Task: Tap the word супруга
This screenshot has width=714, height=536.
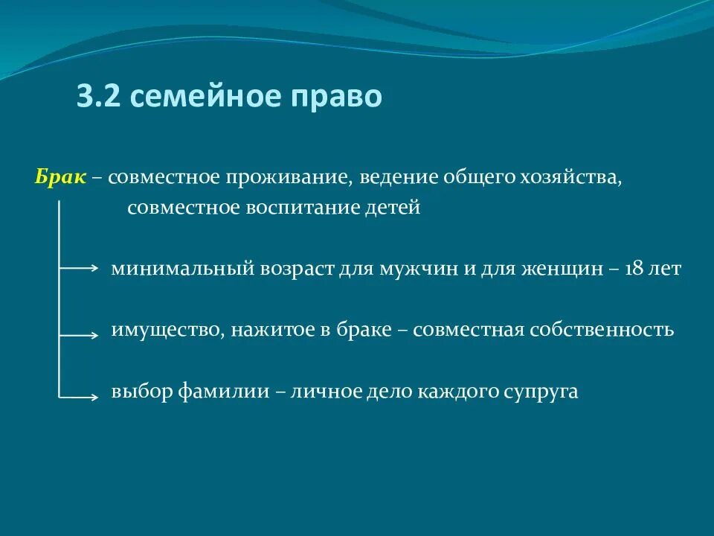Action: click(x=542, y=392)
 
